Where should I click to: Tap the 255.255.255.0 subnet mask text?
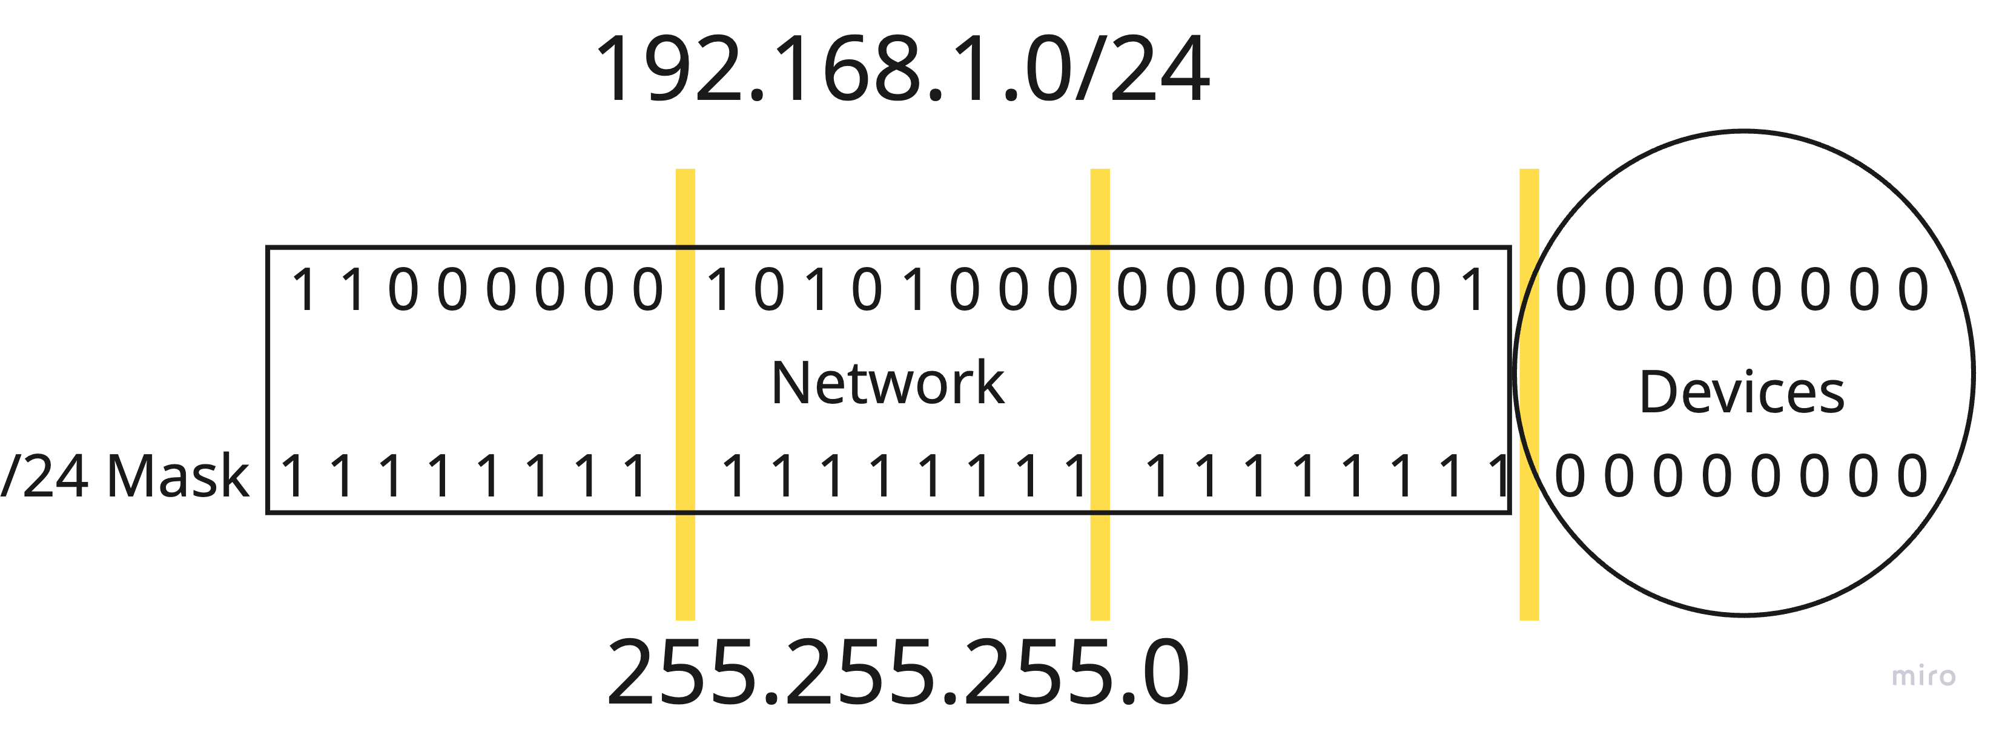(897, 671)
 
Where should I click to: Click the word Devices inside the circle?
(1742, 392)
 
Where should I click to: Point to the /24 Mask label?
(124, 475)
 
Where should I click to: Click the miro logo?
(1923, 675)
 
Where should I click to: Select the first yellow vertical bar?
(685, 394)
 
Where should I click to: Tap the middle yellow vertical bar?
(1100, 394)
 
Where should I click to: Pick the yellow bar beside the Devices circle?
(1528, 394)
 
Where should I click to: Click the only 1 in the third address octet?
(1473, 290)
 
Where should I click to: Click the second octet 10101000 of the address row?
(891, 290)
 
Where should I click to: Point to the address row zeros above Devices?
(1742, 290)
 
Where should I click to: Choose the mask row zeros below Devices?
(1742, 475)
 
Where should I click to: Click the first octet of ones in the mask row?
(464, 475)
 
